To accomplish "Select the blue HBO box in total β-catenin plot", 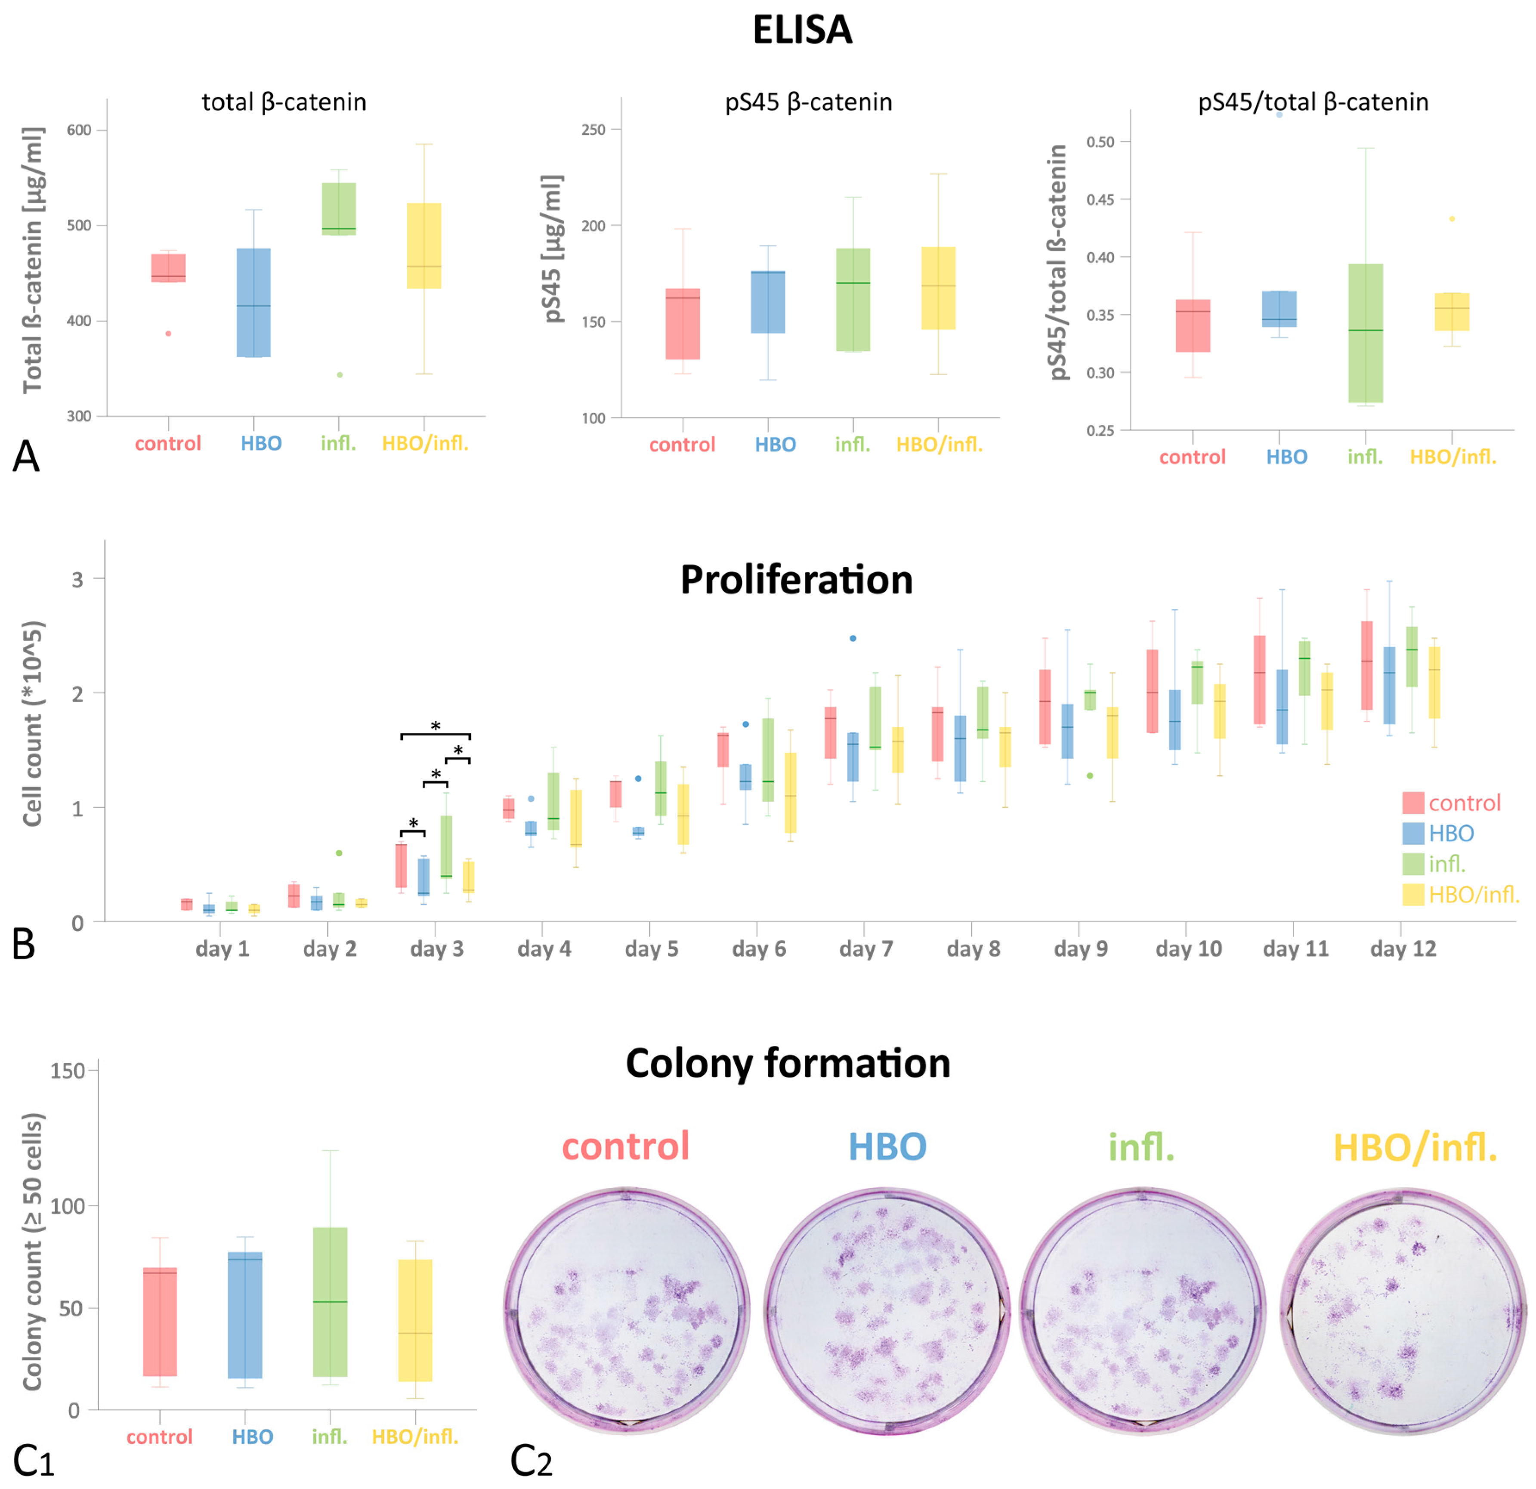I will click(254, 303).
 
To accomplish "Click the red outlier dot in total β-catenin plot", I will click(168, 334).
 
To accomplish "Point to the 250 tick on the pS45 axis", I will click(593, 129).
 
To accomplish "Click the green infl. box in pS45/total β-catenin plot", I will click(1365, 333).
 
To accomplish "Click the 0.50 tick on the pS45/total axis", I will click(1100, 142).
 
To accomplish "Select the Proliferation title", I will click(796, 581).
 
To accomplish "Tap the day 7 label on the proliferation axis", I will click(866, 949).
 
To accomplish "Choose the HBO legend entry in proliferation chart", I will click(1451, 833).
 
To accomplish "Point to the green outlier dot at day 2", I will click(339, 853).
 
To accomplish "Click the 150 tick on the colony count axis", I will click(68, 1071).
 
